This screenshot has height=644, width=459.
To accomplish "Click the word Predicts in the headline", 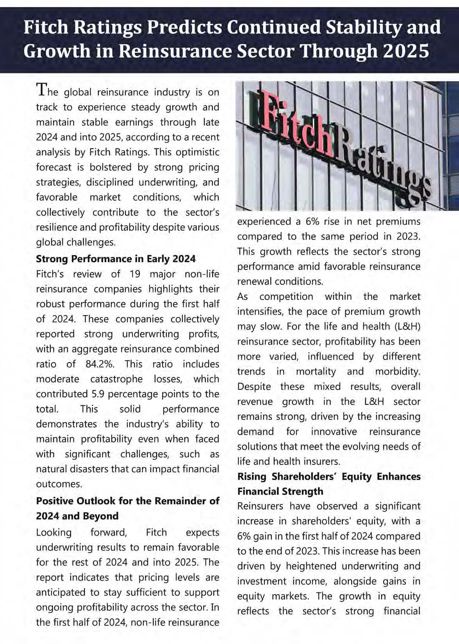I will tap(185, 28).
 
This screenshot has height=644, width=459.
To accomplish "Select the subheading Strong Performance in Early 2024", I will tap(116, 259).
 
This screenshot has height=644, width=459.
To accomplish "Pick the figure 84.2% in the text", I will tap(100, 364).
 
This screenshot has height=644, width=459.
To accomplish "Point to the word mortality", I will tap(316, 371).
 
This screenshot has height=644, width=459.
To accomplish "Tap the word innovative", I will tap(334, 431).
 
